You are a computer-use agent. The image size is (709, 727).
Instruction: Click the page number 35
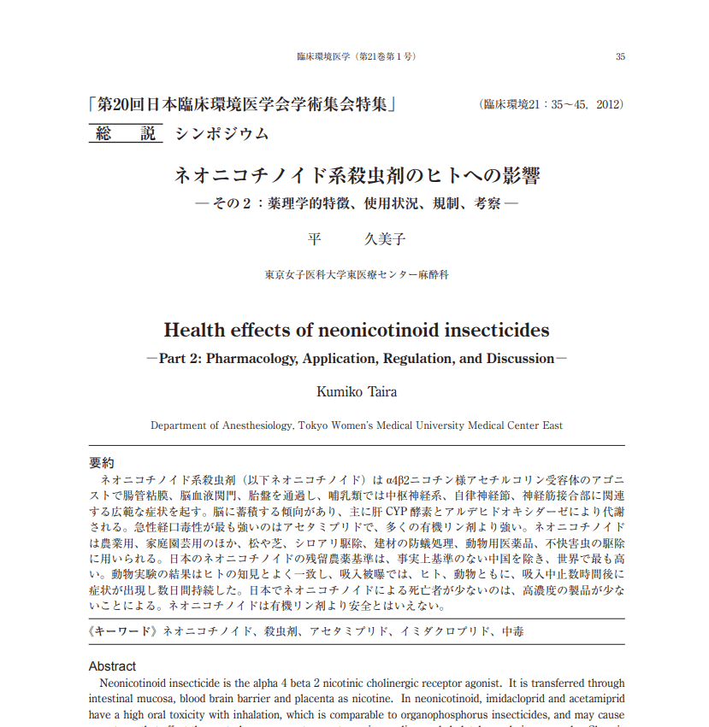[620, 57]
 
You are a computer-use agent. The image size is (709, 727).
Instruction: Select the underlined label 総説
[126, 133]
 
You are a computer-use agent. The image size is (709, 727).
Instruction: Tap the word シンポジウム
[222, 133]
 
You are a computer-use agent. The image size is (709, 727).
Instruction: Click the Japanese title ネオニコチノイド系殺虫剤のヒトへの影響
[357, 177]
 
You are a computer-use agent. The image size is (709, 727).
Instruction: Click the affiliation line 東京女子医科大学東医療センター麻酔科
[357, 276]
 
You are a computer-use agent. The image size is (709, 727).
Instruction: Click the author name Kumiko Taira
[357, 392]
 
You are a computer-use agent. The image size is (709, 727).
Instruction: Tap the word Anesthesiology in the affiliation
[257, 425]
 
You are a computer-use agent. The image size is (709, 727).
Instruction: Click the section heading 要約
[101, 463]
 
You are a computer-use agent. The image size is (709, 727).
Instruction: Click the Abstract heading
[112, 666]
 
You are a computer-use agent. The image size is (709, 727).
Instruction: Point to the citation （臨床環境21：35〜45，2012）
[552, 105]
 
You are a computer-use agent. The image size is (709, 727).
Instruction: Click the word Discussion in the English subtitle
[520, 359]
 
